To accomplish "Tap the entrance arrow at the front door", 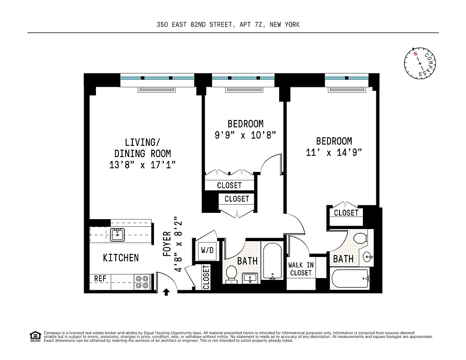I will (x=166, y=292).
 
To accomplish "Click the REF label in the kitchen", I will (x=100, y=279).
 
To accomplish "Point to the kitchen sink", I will (x=118, y=234).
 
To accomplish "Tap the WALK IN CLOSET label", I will (x=301, y=269).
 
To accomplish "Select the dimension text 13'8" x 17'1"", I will (x=142, y=165).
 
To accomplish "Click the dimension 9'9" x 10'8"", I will (x=245, y=135).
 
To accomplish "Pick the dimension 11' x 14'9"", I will (x=334, y=153).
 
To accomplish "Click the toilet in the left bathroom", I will (x=231, y=274).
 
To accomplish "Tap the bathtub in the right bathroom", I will (x=350, y=279).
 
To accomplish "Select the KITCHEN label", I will (x=121, y=258).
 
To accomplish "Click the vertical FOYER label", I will (x=167, y=244).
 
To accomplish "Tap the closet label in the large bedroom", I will (x=346, y=213).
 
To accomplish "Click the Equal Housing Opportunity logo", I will (x=34, y=336).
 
